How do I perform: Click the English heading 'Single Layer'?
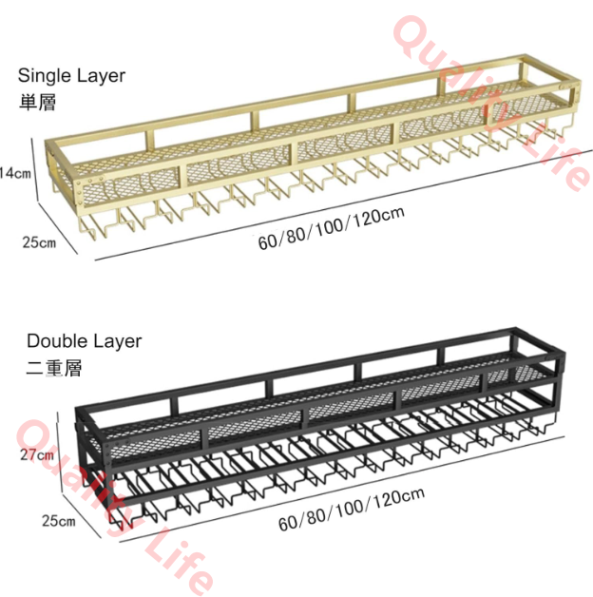(71, 76)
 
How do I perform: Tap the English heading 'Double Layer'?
(85, 341)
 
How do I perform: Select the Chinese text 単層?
(37, 103)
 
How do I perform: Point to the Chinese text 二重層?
(53, 367)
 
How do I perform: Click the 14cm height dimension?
(15, 173)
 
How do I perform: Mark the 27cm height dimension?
(37, 454)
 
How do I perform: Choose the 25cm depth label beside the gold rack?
(39, 242)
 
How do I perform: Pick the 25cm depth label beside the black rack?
(59, 521)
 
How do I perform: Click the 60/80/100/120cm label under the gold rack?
(331, 228)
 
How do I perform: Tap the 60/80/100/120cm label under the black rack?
(352, 509)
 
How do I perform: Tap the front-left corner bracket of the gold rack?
(79, 193)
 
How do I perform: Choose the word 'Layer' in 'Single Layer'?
(102, 76)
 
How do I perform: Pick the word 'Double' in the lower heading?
(57, 340)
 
